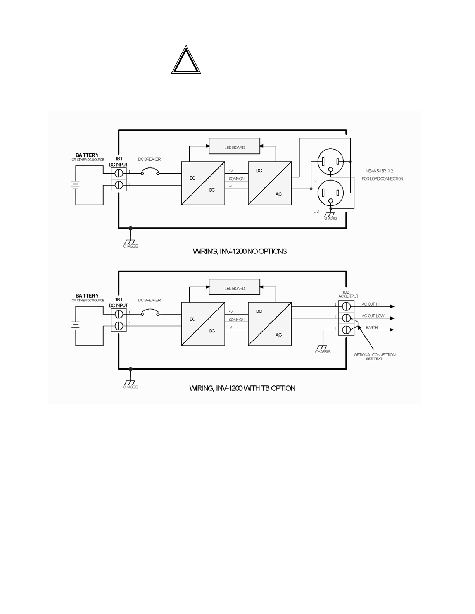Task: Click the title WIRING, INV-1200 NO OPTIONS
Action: (240, 251)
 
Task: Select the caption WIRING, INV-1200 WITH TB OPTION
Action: (242, 388)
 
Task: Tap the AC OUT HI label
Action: (370, 304)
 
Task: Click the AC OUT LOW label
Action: (373, 316)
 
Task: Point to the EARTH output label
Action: (371, 327)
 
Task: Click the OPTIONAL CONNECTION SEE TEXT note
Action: (375, 357)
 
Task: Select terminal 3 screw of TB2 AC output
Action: (346, 330)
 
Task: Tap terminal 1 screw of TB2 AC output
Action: (346, 306)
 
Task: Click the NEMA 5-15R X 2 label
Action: (379, 171)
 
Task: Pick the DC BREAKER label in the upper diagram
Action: (149, 159)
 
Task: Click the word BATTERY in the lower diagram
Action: (87, 296)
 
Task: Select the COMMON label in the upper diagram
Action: (237, 179)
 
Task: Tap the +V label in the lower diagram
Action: (231, 312)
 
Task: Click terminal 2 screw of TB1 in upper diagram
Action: (119, 185)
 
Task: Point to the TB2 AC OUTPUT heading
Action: (348, 294)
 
